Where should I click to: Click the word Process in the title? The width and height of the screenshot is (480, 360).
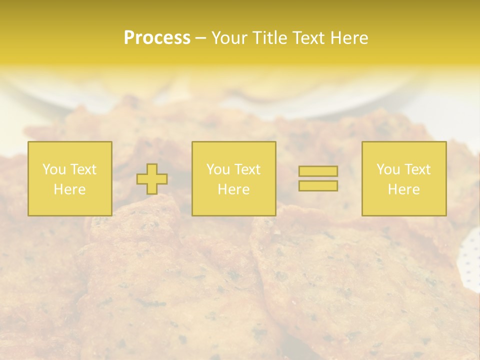click(x=157, y=38)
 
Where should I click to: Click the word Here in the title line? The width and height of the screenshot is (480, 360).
click(x=350, y=38)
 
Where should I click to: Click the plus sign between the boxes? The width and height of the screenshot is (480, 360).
click(x=152, y=179)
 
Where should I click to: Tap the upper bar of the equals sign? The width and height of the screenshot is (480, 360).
click(x=318, y=171)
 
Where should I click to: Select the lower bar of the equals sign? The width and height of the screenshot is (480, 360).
click(x=318, y=186)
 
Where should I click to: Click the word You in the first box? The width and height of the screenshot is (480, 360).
click(x=54, y=169)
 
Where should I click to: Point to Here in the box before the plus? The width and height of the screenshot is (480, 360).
click(x=69, y=189)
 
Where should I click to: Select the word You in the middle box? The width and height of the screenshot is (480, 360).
click(x=218, y=169)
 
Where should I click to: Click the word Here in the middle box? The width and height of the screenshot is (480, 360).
click(x=233, y=189)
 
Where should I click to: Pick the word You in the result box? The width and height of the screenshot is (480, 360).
click(x=388, y=169)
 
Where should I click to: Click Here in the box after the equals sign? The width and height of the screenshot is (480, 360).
click(x=403, y=189)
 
